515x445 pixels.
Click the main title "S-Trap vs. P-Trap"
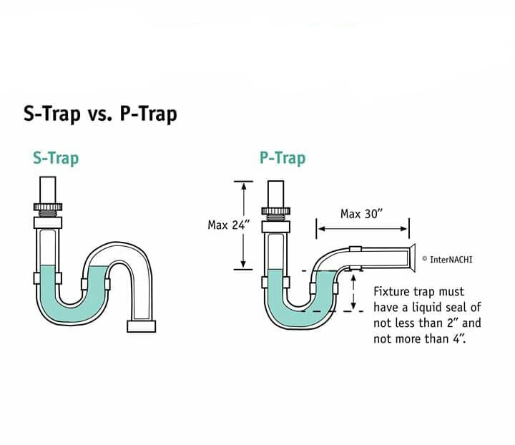(100, 114)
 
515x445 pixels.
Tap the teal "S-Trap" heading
(56, 158)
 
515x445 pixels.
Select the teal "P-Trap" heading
(283, 158)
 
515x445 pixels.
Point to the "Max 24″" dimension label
(229, 225)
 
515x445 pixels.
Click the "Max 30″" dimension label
(362, 214)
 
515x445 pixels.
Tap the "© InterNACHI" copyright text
(447, 260)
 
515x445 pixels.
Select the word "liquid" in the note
(427, 308)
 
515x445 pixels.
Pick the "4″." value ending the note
(459, 338)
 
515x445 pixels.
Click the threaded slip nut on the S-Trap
(48, 207)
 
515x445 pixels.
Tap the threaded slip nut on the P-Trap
(276, 210)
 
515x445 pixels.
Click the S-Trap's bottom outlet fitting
(141, 326)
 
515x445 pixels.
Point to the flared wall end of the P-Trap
(411, 258)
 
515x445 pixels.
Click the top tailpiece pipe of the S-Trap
(48, 190)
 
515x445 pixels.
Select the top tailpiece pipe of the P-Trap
(276, 194)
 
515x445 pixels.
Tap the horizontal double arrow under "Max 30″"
(363, 228)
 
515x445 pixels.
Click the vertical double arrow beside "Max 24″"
(243, 225)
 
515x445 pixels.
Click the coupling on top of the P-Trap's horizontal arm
(355, 249)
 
